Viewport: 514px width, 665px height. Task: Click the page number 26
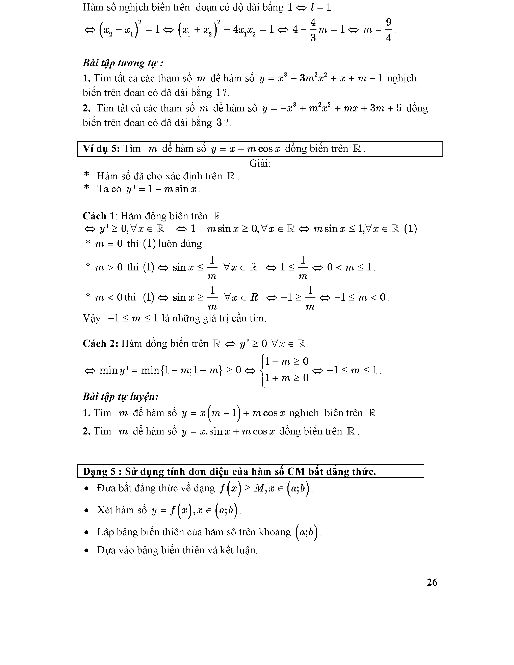pyautogui.click(x=432, y=582)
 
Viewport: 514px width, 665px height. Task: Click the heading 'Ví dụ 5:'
pyautogui.click(x=101, y=149)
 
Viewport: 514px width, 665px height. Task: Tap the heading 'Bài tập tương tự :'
pyautogui.click(x=123, y=63)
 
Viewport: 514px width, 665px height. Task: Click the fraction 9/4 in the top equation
pyautogui.click(x=389, y=30)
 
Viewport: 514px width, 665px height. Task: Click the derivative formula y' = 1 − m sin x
pyautogui.click(x=163, y=189)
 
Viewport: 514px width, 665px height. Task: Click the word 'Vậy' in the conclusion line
pyautogui.click(x=91, y=318)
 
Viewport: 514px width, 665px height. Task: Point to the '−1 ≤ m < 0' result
pyautogui.click(x=360, y=297)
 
